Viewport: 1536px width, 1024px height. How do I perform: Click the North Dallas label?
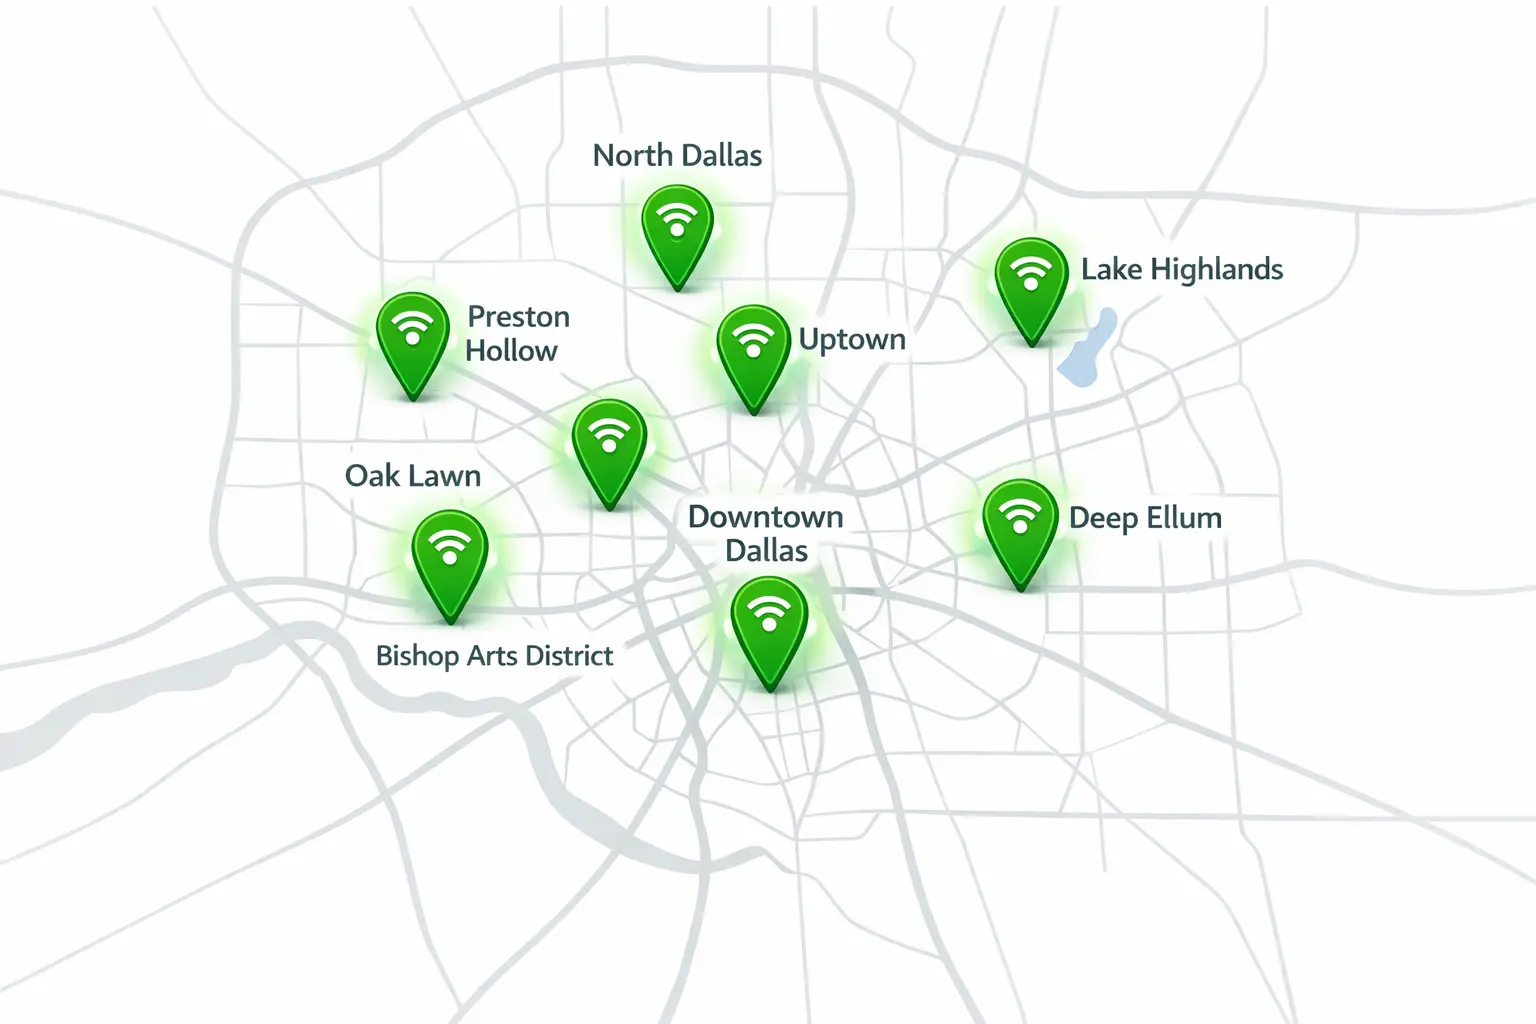click(677, 156)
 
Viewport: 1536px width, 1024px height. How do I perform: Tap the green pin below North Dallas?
click(678, 231)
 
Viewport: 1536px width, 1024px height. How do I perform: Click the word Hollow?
click(511, 351)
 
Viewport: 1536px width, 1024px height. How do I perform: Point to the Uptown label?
click(852, 340)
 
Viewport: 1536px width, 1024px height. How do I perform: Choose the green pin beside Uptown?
click(753, 351)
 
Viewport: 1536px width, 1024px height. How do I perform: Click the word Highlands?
click(1216, 270)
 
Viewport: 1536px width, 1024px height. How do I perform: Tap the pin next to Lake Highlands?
click(1031, 283)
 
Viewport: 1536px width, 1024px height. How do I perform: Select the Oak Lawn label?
click(413, 476)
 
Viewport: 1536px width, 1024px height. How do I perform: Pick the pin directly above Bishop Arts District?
click(450, 558)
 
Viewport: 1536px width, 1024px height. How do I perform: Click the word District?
click(569, 656)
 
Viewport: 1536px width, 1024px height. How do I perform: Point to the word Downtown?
click(766, 517)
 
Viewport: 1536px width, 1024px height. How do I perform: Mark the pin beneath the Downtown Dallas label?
click(769, 626)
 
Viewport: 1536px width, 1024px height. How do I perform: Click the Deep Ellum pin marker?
click(1020, 526)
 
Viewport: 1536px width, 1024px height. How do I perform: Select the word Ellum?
click(1184, 518)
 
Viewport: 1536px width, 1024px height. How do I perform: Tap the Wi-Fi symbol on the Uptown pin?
click(753, 339)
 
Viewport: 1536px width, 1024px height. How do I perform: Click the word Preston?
click(519, 317)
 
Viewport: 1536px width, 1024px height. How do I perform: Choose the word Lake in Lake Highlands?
click(1111, 270)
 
